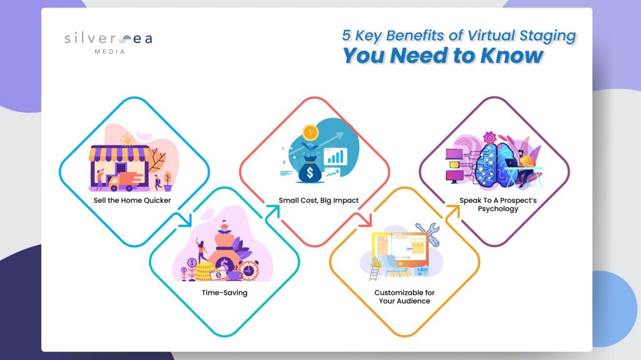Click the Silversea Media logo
pyautogui.click(x=108, y=43)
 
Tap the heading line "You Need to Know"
pyautogui.click(x=443, y=56)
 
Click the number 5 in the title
pyautogui.click(x=346, y=35)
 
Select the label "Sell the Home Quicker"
pyautogui.click(x=132, y=200)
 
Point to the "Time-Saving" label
pyautogui.click(x=225, y=293)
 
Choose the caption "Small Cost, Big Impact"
pyautogui.click(x=319, y=200)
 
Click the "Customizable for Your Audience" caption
pyautogui.click(x=404, y=297)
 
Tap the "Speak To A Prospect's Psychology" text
pyautogui.click(x=498, y=205)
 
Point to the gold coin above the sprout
pyautogui.click(x=310, y=133)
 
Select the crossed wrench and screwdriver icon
pyautogui.click(x=428, y=234)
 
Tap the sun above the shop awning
pyautogui.click(x=128, y=140)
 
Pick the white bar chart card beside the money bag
pyautogui.click(x=336, y=157)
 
